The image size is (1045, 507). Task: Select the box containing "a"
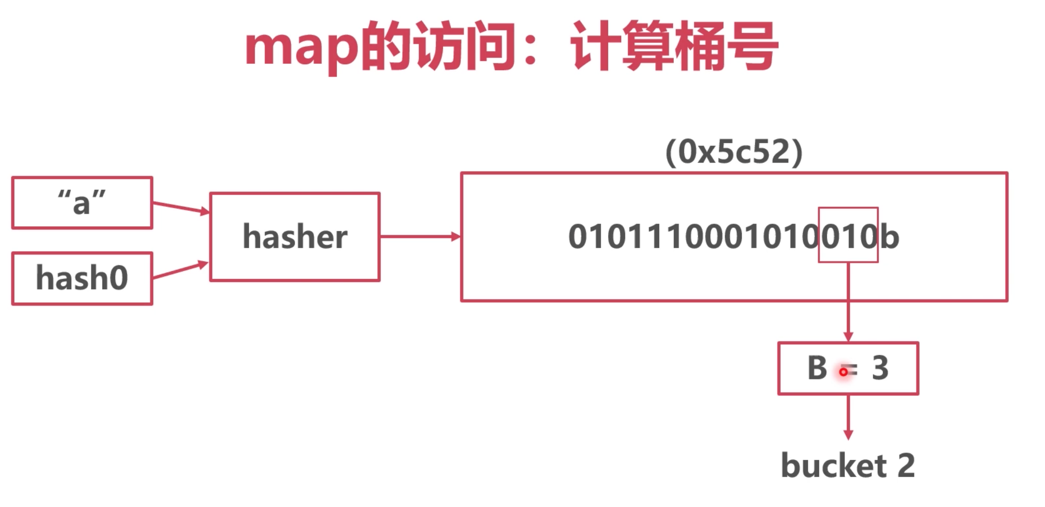pyautogui.click(x=82, y=202)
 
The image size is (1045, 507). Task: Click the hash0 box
pyautogui.click(x=82, y=278)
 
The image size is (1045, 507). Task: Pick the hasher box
pyautogui.click(x=295, y=237)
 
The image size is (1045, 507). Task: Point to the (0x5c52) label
pyautogui.click(x=733, y=151)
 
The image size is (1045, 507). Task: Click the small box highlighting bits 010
pyautogui.click(x=848, y=235)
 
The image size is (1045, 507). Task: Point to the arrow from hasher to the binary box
pyautogui.click(x=420, y=237)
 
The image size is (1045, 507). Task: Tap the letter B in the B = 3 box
pyautogui.click(x=817, y=367)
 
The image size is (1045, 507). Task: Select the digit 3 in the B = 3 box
pyautogui.click(x=880, y=367)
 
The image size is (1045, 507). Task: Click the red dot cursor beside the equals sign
pyautogui.click(x=843, y=372)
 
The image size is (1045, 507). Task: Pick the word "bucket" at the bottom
pyautogui.click(x=834, y=465)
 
